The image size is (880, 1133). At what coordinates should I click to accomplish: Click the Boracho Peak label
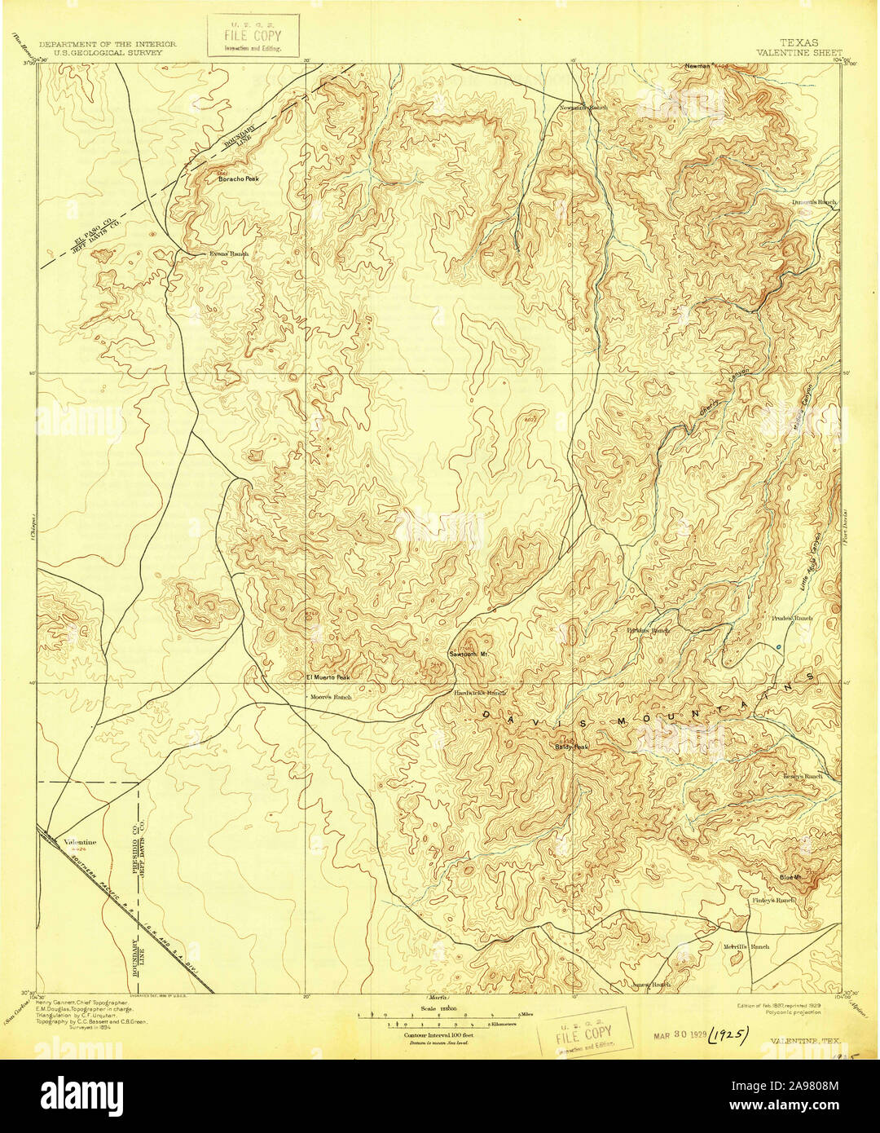[x=239, y=179]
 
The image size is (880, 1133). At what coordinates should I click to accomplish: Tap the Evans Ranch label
[x=228, y=253]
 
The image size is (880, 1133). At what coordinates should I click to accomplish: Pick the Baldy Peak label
[x=570, y=746]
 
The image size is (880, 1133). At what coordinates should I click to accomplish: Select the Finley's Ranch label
[x=773, y=901]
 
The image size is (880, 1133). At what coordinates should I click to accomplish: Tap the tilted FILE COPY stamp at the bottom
[x=583, y=1034]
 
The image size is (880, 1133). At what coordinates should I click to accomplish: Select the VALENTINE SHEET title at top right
[x=799, y=51]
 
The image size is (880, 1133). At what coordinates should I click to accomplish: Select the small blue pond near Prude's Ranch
[x=780, y=647]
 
